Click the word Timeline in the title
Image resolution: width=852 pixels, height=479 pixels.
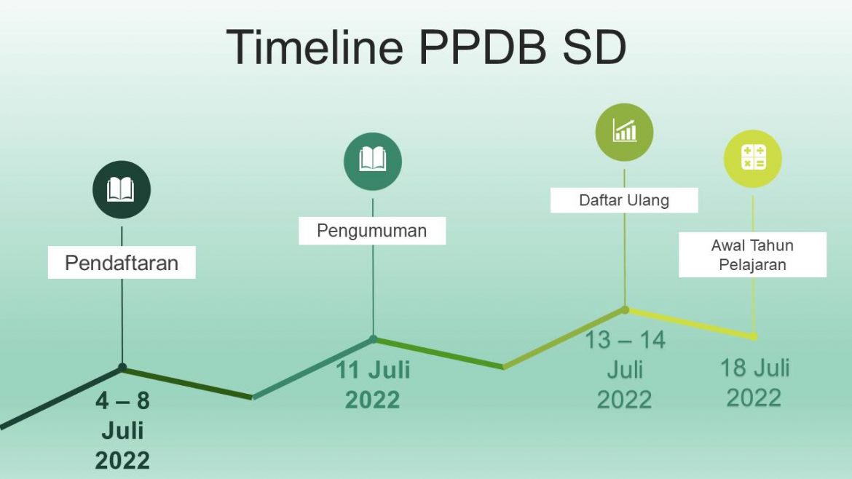click(x=315, y=47)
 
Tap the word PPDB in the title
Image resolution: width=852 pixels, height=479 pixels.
click(x=483, y=47)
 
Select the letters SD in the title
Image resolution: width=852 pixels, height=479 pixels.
click(x=595, y=47)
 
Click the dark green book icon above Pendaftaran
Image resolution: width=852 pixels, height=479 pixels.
click(x=121, y=189)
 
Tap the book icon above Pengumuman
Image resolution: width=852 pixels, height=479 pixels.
click(x=373, y=162)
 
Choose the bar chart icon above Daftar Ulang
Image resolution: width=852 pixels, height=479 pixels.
click(x=624, y=132)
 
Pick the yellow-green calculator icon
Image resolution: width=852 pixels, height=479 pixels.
click(x=752, y=158)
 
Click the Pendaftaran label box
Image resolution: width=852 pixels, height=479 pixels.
click(x=122, y=263)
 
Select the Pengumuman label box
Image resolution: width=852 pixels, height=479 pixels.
click(x=372, y=231)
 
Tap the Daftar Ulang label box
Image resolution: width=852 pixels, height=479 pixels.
click(x=624, y=200)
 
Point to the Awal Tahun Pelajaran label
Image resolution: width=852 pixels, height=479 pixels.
click(x=752, y=255)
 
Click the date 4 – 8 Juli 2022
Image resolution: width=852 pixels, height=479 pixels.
click(x=122, y=431)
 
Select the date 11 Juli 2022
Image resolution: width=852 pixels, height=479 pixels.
click(x=373, y=385)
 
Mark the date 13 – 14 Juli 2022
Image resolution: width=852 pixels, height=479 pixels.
click(x=625, y=370)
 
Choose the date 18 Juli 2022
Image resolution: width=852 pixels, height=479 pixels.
click(x=754, y=383)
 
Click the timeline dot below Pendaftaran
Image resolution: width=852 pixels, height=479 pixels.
click(x=122, y=368)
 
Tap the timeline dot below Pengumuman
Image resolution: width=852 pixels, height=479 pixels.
click(x=374, y=339)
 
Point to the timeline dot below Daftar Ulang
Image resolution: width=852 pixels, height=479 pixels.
click(x=625, y=310)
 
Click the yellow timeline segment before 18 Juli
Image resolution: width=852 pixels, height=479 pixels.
click(x=690, y=324)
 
